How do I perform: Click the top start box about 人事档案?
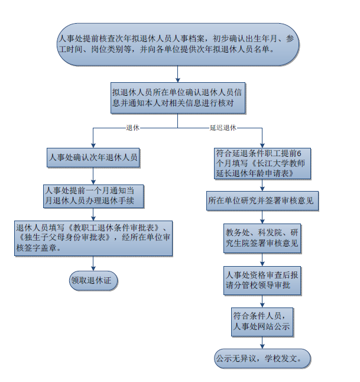(177, 44)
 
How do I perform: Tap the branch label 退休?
(132, 128)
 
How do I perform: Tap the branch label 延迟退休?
(223, 128)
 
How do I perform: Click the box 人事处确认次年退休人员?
(93, 157)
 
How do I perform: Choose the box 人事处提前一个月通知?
(93, 195)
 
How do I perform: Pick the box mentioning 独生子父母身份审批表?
(93, 238)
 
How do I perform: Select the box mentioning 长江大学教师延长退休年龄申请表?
(261, 163)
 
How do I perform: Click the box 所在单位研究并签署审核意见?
(261, 202)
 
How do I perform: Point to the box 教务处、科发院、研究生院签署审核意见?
(261, 237)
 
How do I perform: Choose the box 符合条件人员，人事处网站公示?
(261, 320)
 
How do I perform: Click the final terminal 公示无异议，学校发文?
(261, 358)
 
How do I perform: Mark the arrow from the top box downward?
(177, 74)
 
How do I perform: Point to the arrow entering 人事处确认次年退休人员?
(93, 141)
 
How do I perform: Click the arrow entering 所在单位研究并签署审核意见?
(261, 186)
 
